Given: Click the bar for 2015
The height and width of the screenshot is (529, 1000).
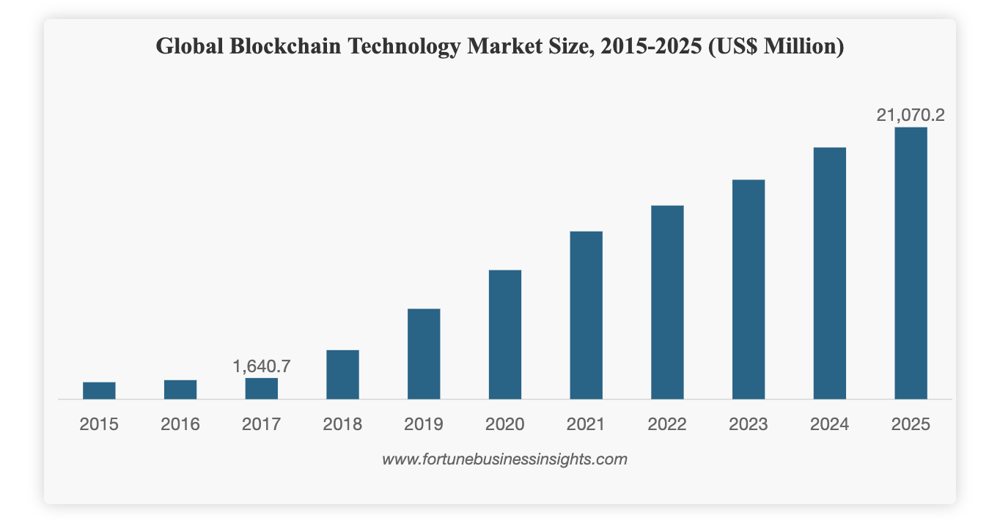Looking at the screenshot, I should (99, 391).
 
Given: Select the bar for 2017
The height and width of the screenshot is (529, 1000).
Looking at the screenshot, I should (262, 388).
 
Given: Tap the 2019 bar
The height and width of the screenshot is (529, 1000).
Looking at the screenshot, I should (424, 354).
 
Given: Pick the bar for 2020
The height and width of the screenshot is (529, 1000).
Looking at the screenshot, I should (505, 335).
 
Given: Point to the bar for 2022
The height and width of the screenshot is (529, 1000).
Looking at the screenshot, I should (667, 302).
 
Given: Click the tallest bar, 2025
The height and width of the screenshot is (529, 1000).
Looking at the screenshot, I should (911, 263).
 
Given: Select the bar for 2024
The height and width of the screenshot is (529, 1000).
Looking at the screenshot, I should (830, 273).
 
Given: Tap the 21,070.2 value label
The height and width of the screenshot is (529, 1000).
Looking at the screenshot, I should (911, 115).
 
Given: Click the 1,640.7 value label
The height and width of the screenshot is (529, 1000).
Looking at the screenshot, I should (262, 366).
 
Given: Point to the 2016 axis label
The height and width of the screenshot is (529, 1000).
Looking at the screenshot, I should (180, 424).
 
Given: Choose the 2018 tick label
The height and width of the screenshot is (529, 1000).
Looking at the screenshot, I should (343, 424).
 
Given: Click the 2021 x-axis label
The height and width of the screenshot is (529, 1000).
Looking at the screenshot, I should (586, 424).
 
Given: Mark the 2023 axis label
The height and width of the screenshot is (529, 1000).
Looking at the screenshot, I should (749, 424).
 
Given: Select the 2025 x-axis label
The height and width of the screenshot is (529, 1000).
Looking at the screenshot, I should (911, 424).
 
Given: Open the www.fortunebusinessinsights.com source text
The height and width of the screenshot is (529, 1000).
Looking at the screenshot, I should (504, 459).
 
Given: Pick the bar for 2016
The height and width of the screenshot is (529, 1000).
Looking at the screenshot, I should (180, 390).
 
